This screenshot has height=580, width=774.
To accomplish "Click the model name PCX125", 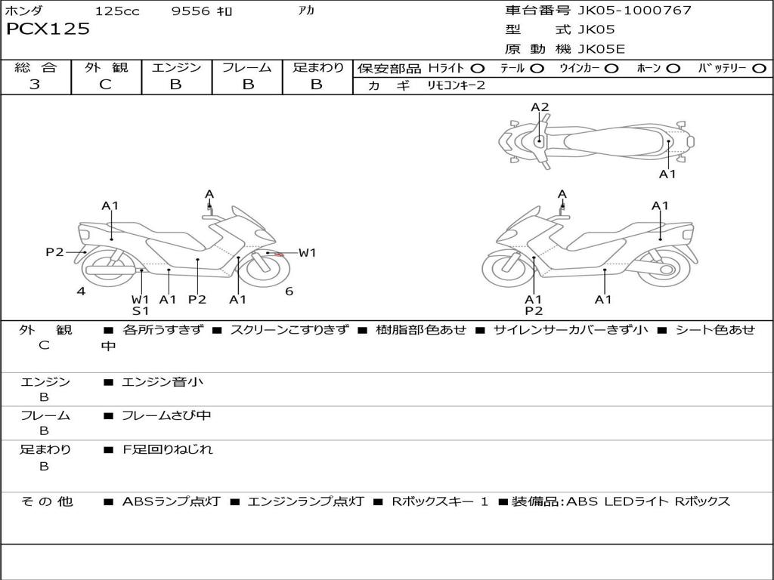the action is [48, 29].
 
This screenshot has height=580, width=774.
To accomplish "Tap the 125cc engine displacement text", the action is [117, 11].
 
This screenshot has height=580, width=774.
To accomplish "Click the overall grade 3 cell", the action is [35, 85].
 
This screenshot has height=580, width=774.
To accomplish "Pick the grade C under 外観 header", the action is [106, 85].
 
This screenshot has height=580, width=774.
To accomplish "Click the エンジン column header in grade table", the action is [176, 68].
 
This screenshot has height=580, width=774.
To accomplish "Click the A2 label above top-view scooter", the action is [540, 107].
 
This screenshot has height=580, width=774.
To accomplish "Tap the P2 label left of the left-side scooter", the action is [54, 252].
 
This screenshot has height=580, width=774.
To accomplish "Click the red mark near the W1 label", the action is [279, 255].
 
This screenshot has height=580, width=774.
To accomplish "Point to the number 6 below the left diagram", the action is [289, 292].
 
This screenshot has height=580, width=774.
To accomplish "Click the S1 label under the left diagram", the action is [141, 310].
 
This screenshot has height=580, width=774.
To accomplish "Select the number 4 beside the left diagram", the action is [81, 292].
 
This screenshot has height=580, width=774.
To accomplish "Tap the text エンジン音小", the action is [163, 382].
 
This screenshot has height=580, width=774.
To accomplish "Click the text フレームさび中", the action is [166, 415].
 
